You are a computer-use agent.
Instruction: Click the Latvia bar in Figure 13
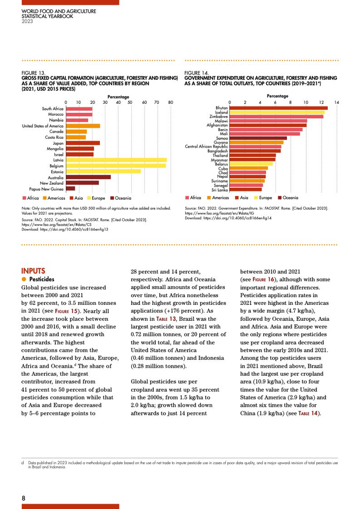coord(116,160)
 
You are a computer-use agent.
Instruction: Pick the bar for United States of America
coord(83,126)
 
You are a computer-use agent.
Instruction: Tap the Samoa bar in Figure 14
coord(258,138)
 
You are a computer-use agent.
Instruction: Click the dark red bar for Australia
coord(88,177)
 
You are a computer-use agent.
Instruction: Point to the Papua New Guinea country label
coord(46,188)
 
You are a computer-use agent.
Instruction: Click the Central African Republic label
coord(206,147)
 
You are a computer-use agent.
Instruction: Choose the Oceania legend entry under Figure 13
coord(120,198)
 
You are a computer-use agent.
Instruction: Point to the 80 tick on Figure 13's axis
coord(170,102)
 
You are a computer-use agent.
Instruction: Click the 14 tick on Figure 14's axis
coord(336,102)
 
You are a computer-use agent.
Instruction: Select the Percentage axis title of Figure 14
coord(278,96)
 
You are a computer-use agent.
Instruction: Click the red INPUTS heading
coord(33,271)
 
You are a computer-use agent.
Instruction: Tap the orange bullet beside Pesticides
coord(24,279)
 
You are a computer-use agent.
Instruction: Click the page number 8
coord(24,498)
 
